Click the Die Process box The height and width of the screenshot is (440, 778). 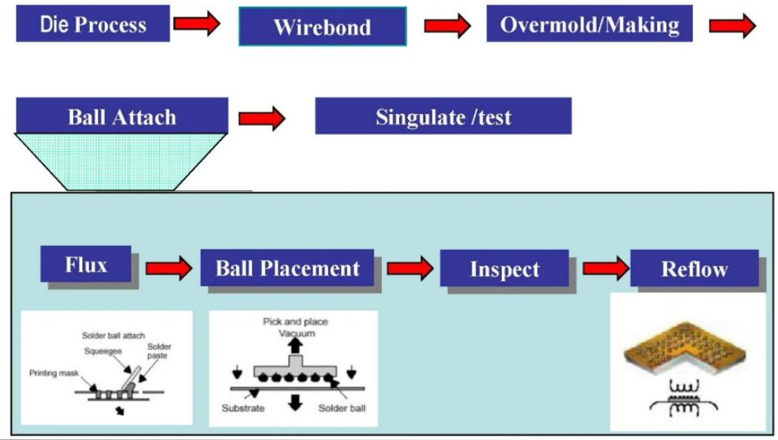[93, 24]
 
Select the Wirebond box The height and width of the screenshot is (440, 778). [322, 27]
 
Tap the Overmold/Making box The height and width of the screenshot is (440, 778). [589, 24]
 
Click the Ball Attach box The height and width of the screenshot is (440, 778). [121, 117]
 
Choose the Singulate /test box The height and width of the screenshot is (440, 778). [443, 117]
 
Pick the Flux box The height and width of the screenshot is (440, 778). [85, 264]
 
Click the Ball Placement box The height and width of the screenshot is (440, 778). [287, 269]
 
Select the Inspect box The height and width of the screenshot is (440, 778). [504, 269]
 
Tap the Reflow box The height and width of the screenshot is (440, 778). [694, 269]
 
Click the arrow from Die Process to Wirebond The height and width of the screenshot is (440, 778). [196, 24]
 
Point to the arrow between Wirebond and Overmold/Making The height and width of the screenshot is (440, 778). [447, 26]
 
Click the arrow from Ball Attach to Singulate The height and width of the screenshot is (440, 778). [261, 118]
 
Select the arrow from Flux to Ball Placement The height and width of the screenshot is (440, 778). [168, 269]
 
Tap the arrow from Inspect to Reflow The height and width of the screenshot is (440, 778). [605, 267]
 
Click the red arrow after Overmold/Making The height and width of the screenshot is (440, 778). [732, 26]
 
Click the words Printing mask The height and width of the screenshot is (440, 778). [55, 373]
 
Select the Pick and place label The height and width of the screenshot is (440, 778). [295, 322]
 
